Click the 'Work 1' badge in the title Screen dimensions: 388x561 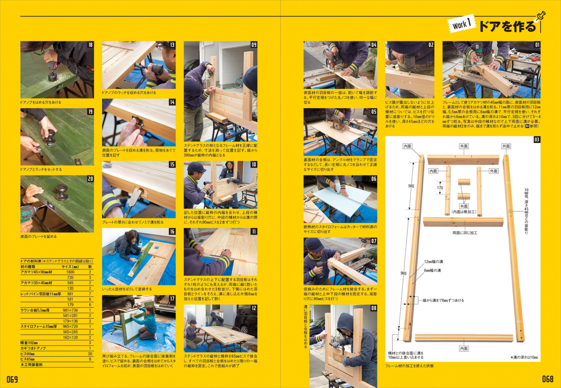pos(462,24)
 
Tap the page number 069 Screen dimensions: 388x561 pos(12,379)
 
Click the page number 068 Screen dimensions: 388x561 pos(547,379)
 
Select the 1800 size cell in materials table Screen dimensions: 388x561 pos(70,272)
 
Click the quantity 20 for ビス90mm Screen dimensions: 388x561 pos(90,354)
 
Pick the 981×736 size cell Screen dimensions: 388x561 pos(70,310)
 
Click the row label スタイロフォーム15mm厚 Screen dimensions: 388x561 pos(38,326)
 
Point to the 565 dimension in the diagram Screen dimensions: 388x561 pos(411,186)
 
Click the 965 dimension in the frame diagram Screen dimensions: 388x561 pos(403,273)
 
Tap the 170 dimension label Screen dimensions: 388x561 pos(440,188)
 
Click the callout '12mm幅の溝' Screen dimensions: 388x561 pos(434,262)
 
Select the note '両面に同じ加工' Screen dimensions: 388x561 pos(465,233)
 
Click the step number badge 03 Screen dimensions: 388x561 pos(537,139)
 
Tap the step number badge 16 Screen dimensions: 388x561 pos(172,231)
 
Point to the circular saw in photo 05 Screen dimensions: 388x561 pos(340,125)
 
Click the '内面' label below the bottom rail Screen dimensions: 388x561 pos(463,349)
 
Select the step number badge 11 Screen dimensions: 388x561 pos(253,231)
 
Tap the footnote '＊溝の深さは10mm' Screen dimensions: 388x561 pos(524,357)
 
